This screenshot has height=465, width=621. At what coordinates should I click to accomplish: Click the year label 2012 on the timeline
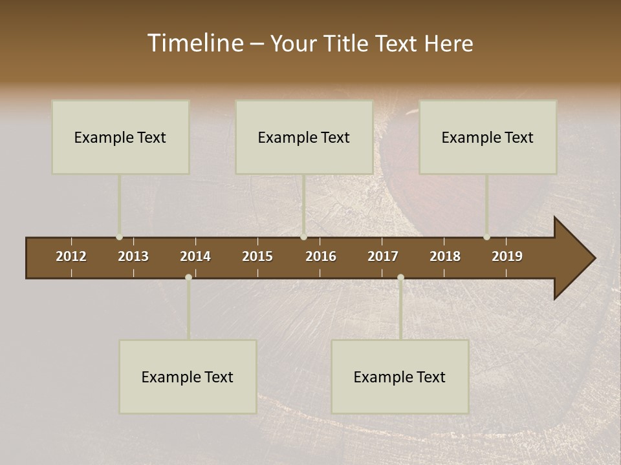[x=71, y=256]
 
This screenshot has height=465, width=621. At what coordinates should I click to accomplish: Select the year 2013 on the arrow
[x=133, y=256]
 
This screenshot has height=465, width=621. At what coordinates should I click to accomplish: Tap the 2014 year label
[x=195, y=256]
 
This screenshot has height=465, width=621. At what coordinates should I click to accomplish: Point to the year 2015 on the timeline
[x=257, y=256]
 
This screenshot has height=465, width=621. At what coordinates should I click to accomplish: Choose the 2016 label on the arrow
[x=321, y=256]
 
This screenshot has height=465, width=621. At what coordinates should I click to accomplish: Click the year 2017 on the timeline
[x=383, y=256]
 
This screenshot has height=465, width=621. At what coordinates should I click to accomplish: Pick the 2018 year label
[x=445, y=256]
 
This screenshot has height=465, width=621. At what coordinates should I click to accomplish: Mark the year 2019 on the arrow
[x=507, y=256]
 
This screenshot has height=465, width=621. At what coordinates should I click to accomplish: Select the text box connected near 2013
[x=120, y=137]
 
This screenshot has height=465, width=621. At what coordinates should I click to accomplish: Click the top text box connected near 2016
[x=304, y=137]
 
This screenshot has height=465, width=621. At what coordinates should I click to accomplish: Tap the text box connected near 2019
[x=488, y=137]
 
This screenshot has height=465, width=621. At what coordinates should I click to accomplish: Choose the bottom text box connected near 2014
[x=188, y=377]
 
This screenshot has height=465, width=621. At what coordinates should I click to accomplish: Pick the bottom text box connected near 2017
[x=400, y=377]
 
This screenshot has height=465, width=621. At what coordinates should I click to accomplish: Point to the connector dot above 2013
[x=119, y=237]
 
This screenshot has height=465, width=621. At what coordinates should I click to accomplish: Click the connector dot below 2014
[x=188, y=277]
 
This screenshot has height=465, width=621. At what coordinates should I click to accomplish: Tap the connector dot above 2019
[x=486, y=237]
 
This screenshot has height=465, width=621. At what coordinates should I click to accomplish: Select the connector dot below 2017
[x=400, y=277]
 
